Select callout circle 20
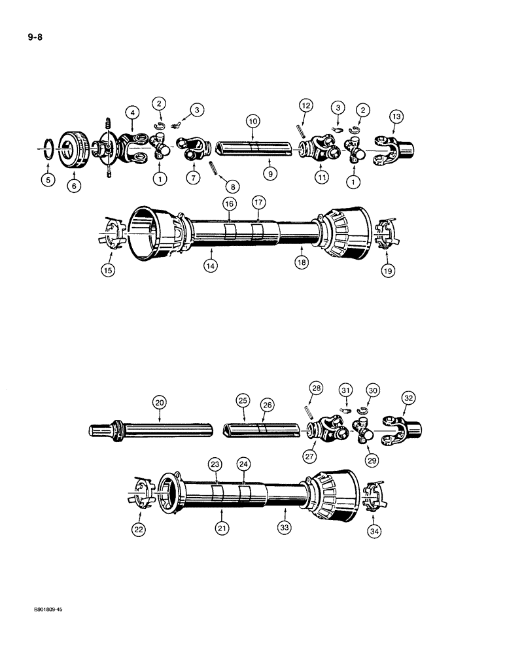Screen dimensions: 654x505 pyautogui.click(x=159, y=402)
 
